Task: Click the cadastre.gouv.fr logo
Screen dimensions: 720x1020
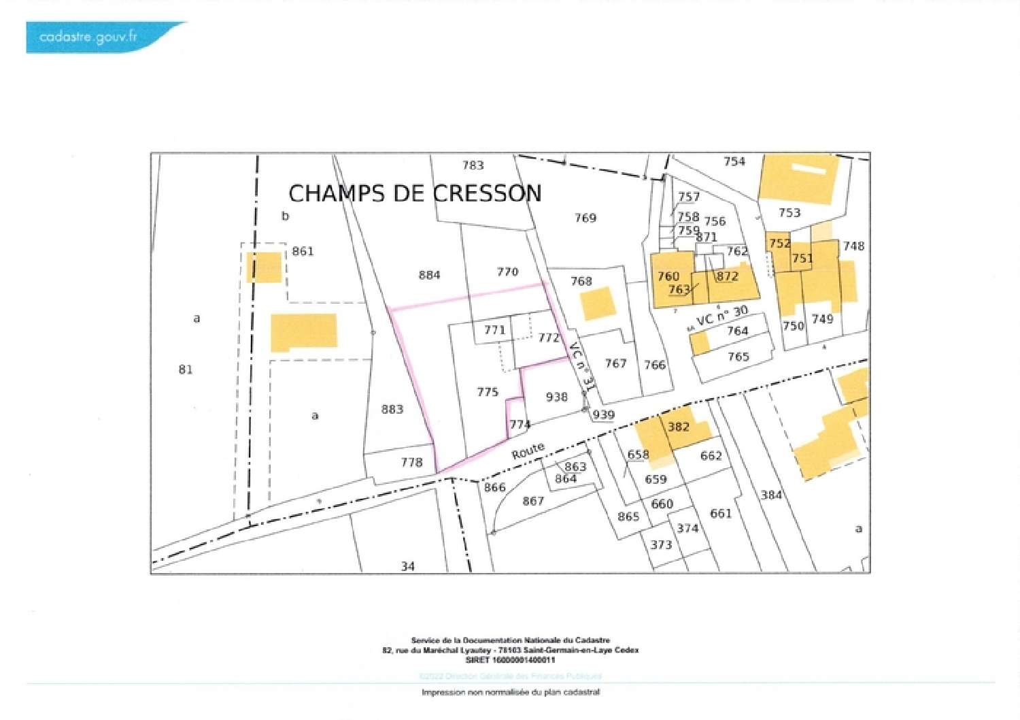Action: click(88, 37)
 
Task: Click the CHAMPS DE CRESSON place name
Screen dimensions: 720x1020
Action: click(415, 193)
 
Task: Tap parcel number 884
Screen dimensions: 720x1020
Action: click(429, 275)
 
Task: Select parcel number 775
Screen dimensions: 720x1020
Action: click(488, 392)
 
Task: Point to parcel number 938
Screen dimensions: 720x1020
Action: click(556, 397)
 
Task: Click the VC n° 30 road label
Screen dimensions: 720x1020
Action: click(721, 316)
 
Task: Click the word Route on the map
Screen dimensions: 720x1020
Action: click(528, 451)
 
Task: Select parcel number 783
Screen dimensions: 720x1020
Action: click(473, 165)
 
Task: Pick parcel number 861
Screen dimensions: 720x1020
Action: click(303, 251)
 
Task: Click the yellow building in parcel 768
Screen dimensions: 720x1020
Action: click(599, 304)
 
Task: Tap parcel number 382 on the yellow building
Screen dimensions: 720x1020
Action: click(678, 427)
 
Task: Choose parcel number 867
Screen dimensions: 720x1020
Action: click(533, 501)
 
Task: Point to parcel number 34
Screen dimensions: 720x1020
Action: click(407, 566)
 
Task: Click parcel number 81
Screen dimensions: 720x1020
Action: click(186, 370)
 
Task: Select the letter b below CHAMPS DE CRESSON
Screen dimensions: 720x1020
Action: click(286, 216)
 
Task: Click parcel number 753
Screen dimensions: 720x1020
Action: click(789, 213)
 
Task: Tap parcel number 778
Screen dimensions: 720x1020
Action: click(411, 462)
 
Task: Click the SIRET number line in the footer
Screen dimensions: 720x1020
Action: click(510, 660)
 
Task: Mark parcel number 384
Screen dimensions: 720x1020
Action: click(771, 495)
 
